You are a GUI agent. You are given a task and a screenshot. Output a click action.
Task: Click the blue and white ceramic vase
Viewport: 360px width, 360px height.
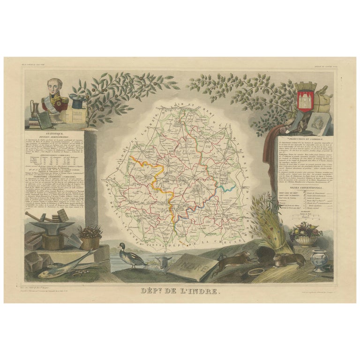pyautogui.click(x=321, y=261)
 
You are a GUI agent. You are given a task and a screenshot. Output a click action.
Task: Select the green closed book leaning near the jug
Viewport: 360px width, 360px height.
pyautogui.click(x=45, y=120)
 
